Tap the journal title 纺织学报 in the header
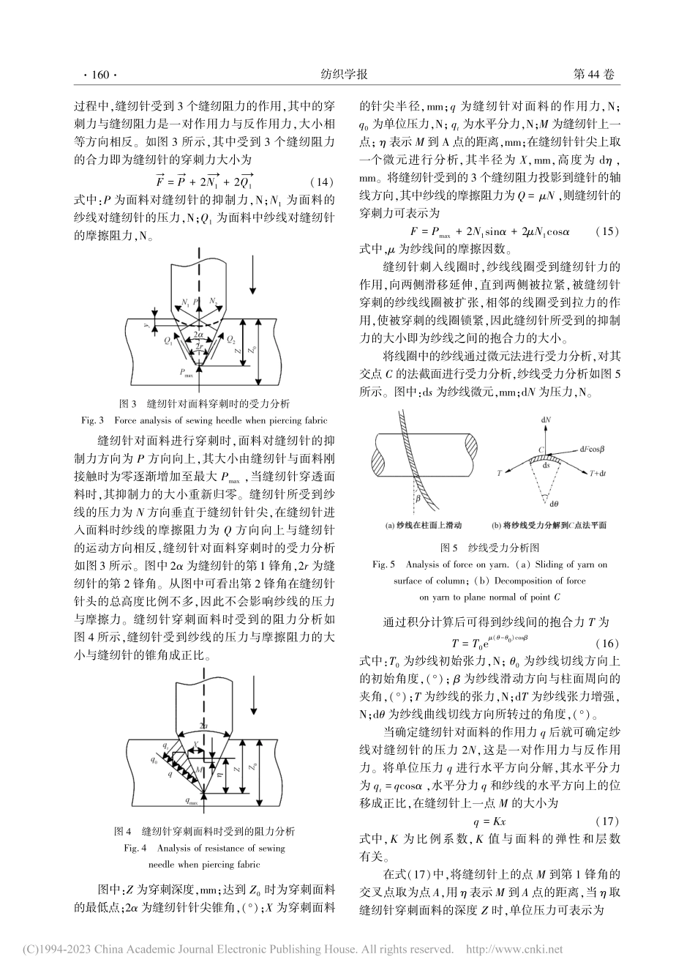pyautogui.click(x=344, y=75)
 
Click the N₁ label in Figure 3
pyautogui.click(x=186, y=302)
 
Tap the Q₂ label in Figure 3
pyautogui.click(x=230, y=340)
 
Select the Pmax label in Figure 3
pyautogui.click(x=188, y=373)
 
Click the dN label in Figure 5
pyautogui.click(x=544, y=422)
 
